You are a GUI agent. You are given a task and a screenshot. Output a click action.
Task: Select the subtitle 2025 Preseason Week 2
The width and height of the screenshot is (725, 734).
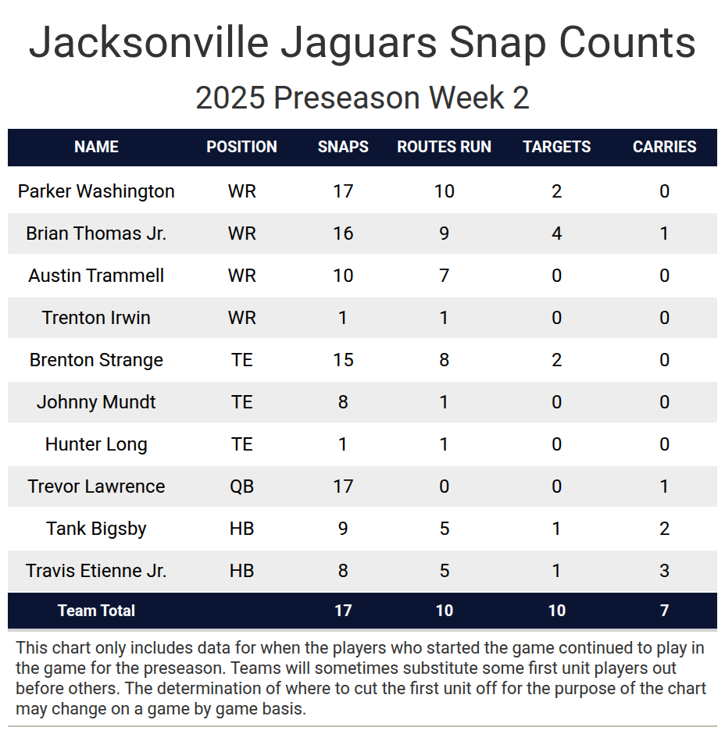[362, 98]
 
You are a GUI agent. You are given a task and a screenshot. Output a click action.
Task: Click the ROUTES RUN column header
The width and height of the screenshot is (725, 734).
[444, 147]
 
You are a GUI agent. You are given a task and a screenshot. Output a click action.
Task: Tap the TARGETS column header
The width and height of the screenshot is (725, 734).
[556, 147]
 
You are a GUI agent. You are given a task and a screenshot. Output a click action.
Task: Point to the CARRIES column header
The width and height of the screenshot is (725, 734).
[664, 147]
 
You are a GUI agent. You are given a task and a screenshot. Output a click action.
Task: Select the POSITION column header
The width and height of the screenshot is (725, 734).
[241, 147]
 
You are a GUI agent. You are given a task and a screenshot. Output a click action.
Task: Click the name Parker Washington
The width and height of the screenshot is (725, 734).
[96, 191]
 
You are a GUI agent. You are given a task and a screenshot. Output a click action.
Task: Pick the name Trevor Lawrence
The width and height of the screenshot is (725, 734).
[96, 486]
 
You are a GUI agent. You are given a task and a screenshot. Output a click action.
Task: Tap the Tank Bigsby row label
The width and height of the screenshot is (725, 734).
[96, 529]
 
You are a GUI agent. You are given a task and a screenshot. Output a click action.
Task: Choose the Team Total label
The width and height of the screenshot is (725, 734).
[96, 611]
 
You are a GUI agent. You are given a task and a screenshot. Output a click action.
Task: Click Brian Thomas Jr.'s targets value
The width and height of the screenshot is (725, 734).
[556, 233]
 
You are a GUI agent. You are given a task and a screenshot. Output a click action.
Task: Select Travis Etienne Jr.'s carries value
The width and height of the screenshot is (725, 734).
[664, 571]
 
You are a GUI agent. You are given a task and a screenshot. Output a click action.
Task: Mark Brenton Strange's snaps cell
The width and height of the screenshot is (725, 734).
[343, 360]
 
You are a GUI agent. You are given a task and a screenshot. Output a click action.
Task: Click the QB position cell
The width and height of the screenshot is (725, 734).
[241, 486]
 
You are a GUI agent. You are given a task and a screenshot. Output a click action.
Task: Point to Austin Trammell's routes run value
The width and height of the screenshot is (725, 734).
[444, 276]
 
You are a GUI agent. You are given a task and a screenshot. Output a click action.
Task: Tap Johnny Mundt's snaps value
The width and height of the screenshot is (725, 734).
[343, 402]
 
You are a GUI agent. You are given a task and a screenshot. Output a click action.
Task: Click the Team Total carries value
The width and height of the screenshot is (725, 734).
[664, 611]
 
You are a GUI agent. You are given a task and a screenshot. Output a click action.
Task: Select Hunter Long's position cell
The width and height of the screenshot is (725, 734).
[241, 444]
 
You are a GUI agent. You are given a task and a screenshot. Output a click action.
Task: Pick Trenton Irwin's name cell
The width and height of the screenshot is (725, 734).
[96, 318]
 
